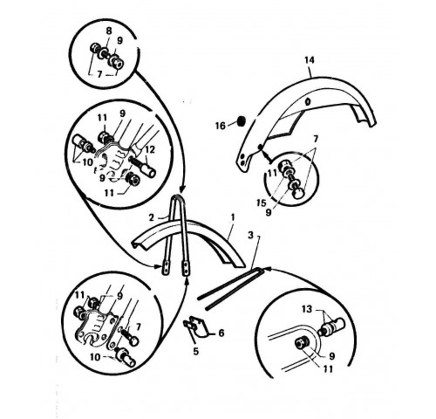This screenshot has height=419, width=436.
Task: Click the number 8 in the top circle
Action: [x=109, y=31]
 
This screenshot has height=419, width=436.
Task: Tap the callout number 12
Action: [x=151, y=150]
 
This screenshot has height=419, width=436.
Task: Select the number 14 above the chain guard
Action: [x=310, y=60]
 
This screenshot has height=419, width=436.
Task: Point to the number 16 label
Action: [x=221, y=126]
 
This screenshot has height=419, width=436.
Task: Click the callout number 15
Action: [x=262, y=203]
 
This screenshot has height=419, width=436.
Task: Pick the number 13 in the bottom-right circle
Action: [x=307, y=309]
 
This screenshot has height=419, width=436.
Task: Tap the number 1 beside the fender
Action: [x=233, y=217]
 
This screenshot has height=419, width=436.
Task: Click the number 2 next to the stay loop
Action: [x=151, y=217]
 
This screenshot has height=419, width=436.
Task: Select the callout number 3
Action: [x=251, y=235]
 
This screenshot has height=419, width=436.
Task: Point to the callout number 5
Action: [x=196, y=351]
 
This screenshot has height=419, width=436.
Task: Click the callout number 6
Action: [x=221, y=333]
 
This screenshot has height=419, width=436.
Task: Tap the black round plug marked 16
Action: [x=241, y=121]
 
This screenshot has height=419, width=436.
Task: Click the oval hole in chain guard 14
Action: [x=309, y=102]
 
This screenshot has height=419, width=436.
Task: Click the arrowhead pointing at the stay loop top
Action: [x=181, y=190]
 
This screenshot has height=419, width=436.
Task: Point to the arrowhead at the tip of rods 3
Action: [x=269, y=267]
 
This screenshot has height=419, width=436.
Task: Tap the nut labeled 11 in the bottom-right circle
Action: [x=300, y=344]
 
